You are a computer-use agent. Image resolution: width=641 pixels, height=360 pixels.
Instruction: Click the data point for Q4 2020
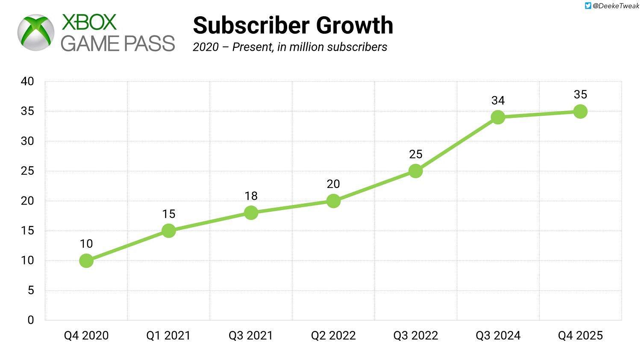pos(86,260)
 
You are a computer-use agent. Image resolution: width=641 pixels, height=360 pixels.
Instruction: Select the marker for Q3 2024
pos(498,117)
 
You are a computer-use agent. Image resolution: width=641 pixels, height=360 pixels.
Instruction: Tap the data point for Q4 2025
pos(580,111)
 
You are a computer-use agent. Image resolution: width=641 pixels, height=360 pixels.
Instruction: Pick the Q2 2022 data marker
pos(333,201)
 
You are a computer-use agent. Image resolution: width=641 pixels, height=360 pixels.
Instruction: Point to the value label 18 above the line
pos(251,196)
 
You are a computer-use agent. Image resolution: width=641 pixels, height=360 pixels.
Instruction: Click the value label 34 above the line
pos(498,101)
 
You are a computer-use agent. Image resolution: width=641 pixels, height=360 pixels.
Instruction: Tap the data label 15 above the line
pos(169,214)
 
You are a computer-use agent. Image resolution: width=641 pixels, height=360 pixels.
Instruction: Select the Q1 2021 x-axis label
pos(168,336)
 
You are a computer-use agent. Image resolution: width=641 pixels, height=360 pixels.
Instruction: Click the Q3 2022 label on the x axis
pos(416,336)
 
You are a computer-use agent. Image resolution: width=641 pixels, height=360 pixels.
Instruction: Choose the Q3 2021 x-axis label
pos(251,336)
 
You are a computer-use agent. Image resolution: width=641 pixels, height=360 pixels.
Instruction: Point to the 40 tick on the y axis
pos(27,82)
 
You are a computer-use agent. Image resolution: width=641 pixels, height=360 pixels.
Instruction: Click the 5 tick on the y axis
pos(31,290)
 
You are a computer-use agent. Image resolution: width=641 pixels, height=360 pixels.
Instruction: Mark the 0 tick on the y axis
pos(31,320)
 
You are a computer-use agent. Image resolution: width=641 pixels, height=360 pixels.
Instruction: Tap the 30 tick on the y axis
pos(27,141)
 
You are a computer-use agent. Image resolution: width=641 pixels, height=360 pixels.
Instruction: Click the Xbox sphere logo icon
pos(36,33)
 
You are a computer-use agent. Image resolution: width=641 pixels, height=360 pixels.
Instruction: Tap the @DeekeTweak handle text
pos(616,6)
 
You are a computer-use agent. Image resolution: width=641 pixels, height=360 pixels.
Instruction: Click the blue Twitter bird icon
pos(588,6)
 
